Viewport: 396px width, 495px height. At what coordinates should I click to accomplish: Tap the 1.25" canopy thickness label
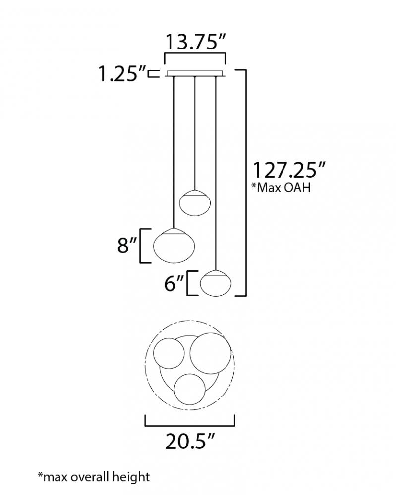122,74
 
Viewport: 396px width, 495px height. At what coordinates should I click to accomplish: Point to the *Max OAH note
281,187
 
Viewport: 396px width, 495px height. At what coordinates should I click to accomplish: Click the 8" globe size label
127,245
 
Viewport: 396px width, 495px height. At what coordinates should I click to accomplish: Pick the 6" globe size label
174,283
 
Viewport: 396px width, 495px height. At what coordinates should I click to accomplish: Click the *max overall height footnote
94,477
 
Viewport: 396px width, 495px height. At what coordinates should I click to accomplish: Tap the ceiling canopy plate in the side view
195,74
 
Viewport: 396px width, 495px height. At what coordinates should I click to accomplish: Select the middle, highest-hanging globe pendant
195,202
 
